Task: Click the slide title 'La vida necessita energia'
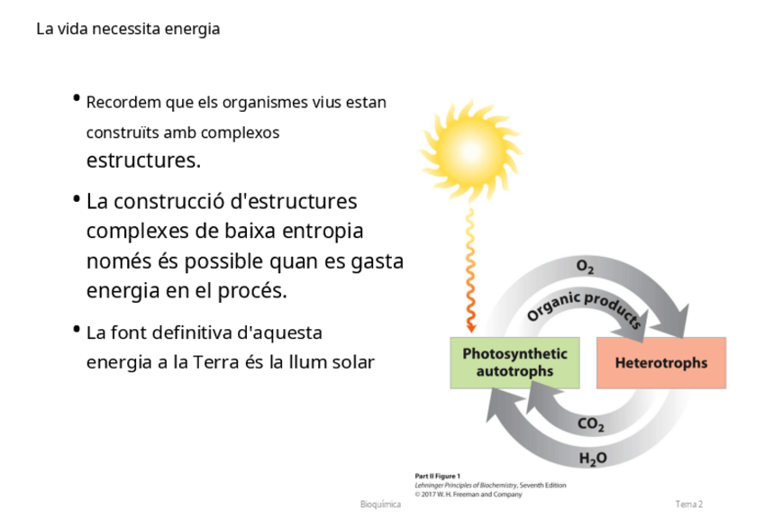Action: (128, 29)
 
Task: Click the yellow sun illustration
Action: (465, 144)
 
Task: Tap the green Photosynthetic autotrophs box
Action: (514, 362)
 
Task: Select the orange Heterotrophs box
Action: (660, 363)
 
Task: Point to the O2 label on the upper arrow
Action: (585, 267)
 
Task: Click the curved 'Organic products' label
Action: (583, 306)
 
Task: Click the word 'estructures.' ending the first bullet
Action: (143, 161)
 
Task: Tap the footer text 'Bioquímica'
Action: (379, 504)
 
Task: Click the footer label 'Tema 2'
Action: (689, 504)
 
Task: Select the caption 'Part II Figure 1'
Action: (438, 475)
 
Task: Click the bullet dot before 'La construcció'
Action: (77, 197)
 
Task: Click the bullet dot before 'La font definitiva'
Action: (77, 329)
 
